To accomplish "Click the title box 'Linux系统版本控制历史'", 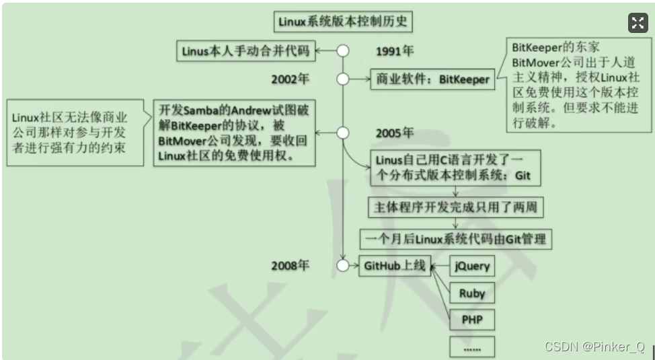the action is click(343, 22).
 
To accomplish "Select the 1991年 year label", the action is click(395, 52).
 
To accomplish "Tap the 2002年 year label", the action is click(291, 79).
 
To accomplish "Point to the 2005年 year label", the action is click(395, 133).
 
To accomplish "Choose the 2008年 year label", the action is click(291, 265).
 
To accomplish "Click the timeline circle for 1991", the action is click(343, 51).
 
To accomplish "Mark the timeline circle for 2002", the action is click(343, 79).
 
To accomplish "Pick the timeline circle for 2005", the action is click(343, 133).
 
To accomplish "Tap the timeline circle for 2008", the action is click(343, 265).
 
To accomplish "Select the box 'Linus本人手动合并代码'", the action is click(247, 51).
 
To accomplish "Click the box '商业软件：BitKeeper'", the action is click(431, 79).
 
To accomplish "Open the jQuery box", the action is click(471, 266).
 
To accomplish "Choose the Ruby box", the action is click(471, 293).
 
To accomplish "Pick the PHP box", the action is click(471, 320).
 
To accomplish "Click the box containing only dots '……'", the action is click(471, 346).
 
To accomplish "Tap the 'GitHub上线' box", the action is click(395, 266).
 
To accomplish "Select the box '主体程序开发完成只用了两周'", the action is click(455, 207).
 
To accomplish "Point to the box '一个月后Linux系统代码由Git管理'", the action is click(455, 238).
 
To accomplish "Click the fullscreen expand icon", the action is click(638, 23).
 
